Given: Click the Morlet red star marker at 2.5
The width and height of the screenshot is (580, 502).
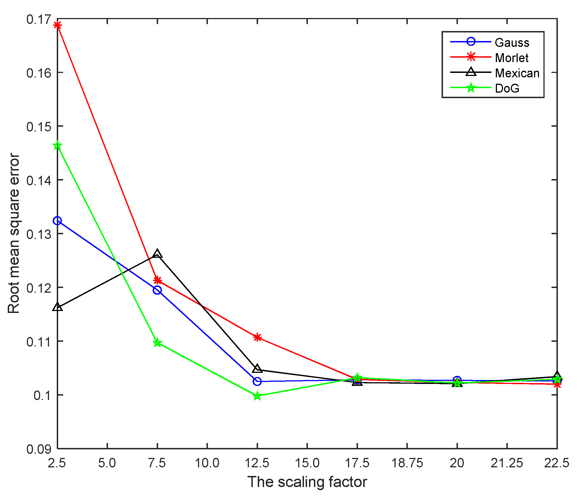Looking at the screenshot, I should pyautogui.click(x=57, y=26).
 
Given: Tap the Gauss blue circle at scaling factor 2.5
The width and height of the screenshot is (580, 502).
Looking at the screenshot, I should pyautogui.click(x=57, y=221).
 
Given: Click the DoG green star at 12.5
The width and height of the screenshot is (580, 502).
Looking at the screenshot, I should pyautogui.click(x=257, y=396).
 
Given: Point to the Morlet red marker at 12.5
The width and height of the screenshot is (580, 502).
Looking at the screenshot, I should pyautogui.click(x=257, y=337).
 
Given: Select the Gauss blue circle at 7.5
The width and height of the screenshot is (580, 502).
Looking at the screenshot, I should pyautogui.click(x=157, y=290).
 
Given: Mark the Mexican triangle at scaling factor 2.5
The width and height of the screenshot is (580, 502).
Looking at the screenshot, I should pyautogui.click(x=57, y=307).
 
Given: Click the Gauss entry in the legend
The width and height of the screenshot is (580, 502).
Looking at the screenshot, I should pyautogui.click(x=512, y=43).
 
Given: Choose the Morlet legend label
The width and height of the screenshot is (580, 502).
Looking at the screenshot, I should pyautogui.click(x=511, y=58).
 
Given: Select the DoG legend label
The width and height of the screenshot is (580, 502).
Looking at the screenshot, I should pyautogui.click(x=507, y=88).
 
